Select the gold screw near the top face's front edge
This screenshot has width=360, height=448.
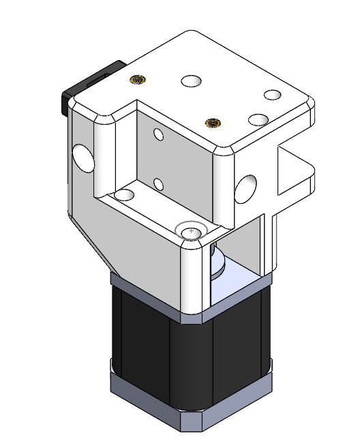coord(213,123)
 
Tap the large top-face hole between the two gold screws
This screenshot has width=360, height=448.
coord(192,81)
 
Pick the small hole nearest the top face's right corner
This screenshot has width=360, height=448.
coord(273,94)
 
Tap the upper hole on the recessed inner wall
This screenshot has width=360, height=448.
coord(159,134)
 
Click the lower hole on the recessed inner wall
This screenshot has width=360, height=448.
coord(158,183)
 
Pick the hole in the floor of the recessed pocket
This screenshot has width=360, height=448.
coord(124,195)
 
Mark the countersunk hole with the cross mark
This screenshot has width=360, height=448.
coord(191,233)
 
